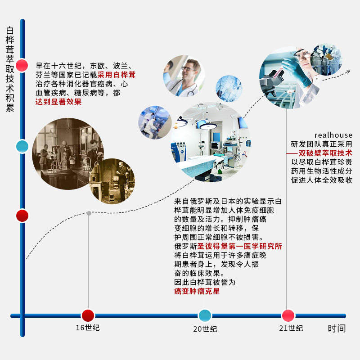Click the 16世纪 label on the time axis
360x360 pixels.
(88, 328)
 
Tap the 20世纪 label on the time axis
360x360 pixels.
(205, 329)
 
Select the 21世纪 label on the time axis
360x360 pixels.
(291, 328)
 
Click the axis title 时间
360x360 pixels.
(337, 328)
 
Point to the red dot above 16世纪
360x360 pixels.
(88, 315)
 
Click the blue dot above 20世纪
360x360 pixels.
(205, 315)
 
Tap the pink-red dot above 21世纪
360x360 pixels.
(288, 315)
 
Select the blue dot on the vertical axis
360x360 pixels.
(22, 146)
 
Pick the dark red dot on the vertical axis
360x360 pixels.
(22, 216)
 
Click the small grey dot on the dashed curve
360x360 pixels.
(89, 213)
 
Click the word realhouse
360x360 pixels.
(333, 135)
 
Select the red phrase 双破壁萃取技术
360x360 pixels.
(325, 153)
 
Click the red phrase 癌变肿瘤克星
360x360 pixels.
(197, 291)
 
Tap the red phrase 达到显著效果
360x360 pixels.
(58, 102)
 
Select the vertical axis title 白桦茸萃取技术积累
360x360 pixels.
(10, 70)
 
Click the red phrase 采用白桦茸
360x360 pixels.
(116, 75)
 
